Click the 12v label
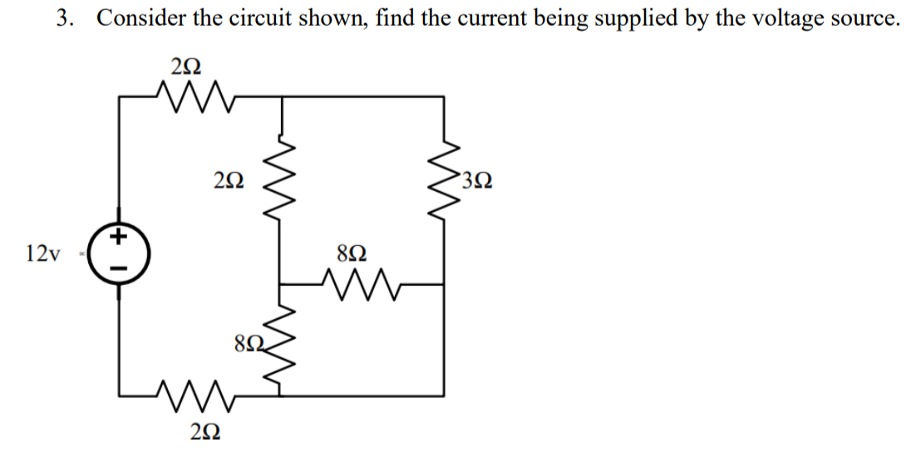(42, 253)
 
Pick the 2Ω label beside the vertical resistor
(229, 179)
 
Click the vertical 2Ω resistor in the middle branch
(283, 178)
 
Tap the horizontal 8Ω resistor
(360, 284)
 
